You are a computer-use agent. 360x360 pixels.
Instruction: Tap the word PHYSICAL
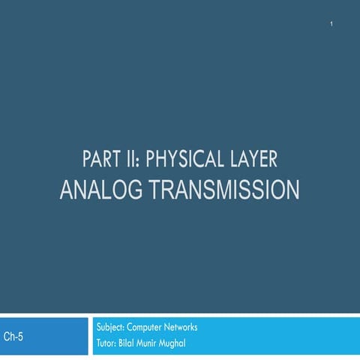[184, 160]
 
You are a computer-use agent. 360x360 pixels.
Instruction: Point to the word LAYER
[253, 160]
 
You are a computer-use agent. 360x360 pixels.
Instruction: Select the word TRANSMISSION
[223, 188]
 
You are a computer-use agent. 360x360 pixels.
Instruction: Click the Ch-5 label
[13, 337]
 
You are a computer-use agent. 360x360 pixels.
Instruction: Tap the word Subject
[110, 328]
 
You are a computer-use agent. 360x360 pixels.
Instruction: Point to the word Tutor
[107, 344]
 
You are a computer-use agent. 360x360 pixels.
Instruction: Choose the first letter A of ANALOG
[66, 188]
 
